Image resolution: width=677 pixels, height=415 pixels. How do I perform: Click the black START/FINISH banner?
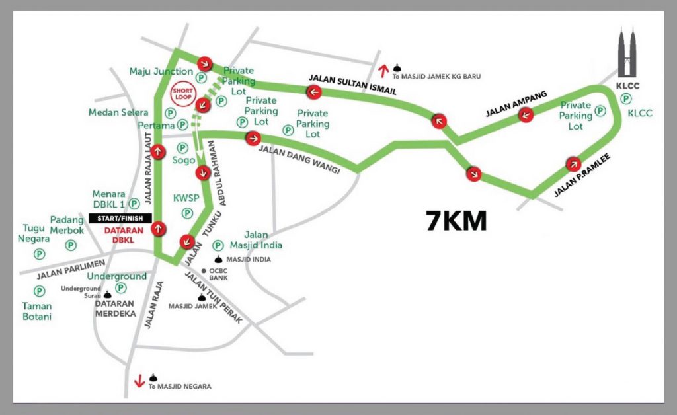(x=120, y=218)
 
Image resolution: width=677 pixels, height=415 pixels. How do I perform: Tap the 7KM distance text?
(x=456, y=221)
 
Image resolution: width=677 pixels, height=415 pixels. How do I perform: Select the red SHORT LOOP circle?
(x=182, y=94)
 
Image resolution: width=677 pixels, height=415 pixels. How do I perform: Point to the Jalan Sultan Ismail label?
(x=352, y=84)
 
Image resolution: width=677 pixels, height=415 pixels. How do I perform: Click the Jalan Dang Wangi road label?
(x=299, y=159)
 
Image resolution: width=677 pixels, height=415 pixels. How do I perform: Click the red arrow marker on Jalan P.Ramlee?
(x=573, y=164)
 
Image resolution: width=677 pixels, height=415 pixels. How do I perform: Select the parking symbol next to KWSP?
(x=187, y=213)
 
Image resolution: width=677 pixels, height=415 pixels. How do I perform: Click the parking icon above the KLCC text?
(x=625, y=98)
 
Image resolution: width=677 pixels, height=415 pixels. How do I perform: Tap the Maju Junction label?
(x=161, y=71)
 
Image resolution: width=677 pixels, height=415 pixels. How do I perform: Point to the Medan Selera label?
(x=118, y=112)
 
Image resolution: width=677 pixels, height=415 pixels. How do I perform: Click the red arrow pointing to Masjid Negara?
(x=139, y=381)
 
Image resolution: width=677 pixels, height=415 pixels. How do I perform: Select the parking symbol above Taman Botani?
(x=39, y=290)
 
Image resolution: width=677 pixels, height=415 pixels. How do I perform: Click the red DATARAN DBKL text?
(x=120, y=235)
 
